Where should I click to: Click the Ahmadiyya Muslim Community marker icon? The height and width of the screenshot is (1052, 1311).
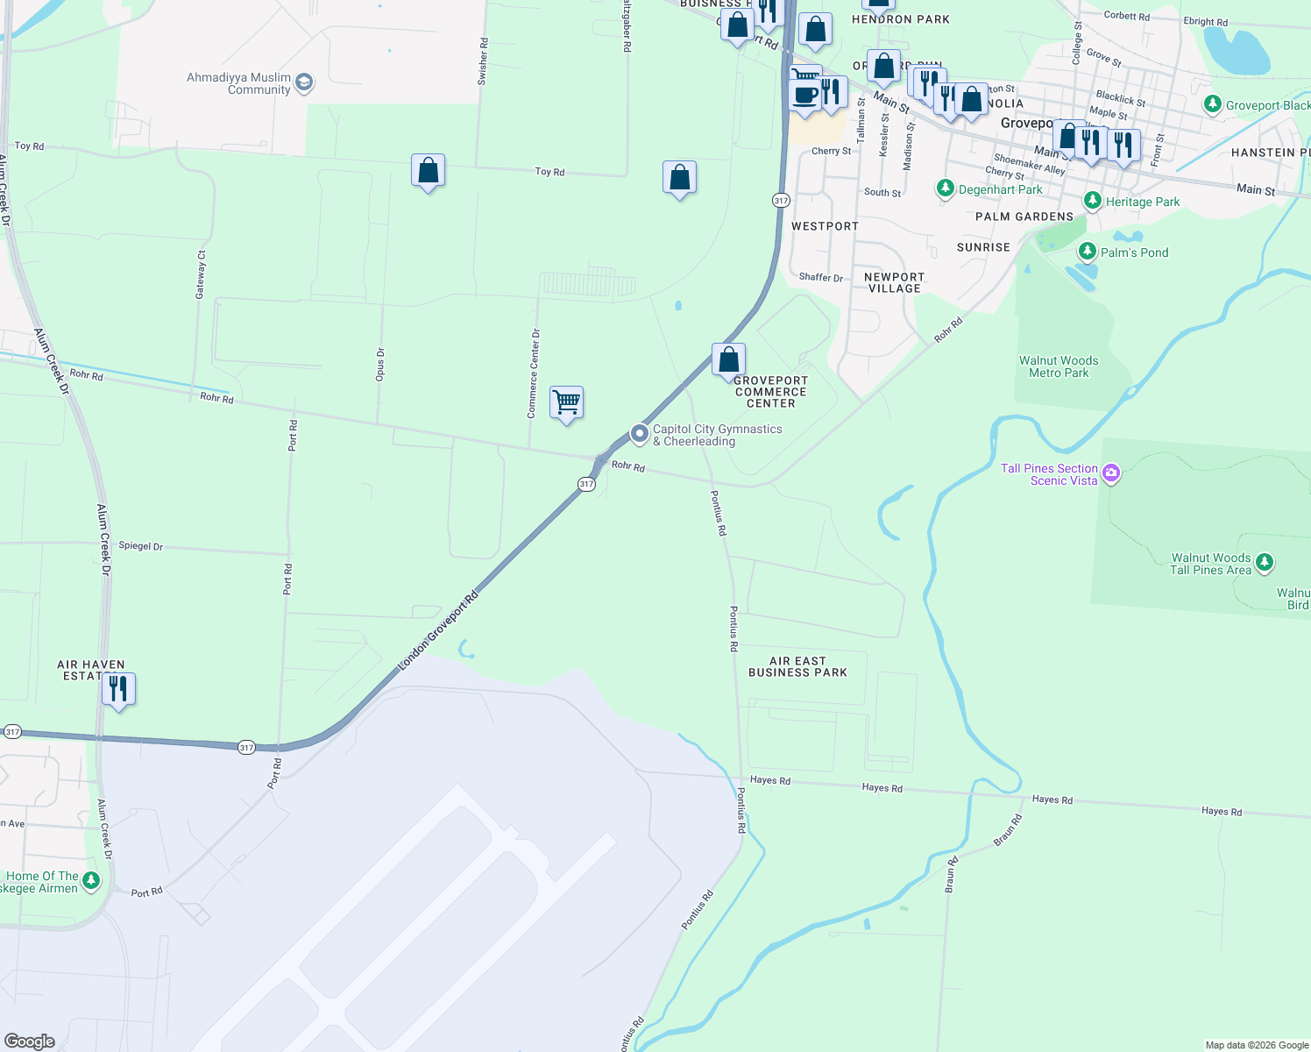[x=304, y=83]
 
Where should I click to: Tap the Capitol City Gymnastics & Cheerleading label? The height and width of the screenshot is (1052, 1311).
[x=717, y=435]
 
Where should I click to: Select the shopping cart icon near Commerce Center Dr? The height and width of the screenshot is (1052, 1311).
[x=567, y=403]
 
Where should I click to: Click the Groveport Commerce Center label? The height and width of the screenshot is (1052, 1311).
[x=770, y=392]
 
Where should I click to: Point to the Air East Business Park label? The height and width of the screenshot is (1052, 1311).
[x=797, y=667]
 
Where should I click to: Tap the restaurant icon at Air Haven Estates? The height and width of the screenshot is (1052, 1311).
[x=118, y=689]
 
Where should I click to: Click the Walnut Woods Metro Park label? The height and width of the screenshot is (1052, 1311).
[x=1059, y=366]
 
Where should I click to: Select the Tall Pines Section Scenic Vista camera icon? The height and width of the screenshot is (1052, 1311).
[x=1111, y=473]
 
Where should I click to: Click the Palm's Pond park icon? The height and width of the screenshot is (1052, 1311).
[x=1087, y=252]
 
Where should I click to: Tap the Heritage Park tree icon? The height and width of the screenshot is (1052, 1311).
[x=1092, y=201]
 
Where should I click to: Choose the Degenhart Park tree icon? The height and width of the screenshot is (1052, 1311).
[x=945, y=188]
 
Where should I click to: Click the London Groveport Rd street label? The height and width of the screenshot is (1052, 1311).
[x=438, y=632]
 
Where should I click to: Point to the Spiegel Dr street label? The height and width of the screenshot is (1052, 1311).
[x=140, y=546]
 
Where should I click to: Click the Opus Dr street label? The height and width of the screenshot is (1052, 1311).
[x=379, y=365]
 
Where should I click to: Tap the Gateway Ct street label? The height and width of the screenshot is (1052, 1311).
[x=201, y=275]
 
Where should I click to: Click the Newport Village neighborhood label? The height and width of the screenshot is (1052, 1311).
[x=894, y=282]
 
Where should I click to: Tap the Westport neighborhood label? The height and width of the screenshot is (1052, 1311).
[x=825, y=226]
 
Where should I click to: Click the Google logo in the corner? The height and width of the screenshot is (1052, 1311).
[x=30, y=1041]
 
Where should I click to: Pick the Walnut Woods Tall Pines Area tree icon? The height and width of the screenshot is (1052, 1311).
[x=1264, y=561]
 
